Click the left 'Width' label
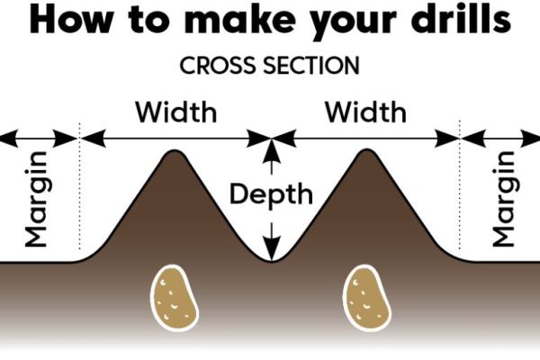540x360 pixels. [175, 113]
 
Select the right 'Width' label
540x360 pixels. [365, 113]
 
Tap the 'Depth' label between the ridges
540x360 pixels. [270, 193]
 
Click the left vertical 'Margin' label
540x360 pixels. [36, 199]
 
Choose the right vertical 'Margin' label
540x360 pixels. [503, 199]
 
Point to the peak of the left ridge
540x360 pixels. [175, 153]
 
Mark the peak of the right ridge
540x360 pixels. [365, 153]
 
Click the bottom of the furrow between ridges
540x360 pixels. [270, 260]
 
